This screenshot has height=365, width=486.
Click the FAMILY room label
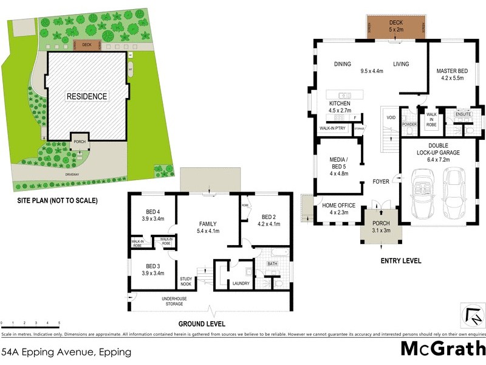click(208, 227)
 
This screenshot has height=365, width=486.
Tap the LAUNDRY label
click(241, 283)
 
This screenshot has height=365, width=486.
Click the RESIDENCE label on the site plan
click(87, 96)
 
